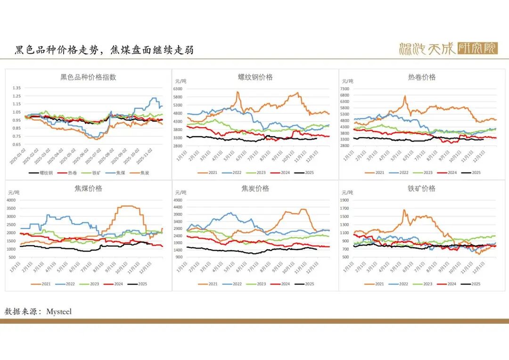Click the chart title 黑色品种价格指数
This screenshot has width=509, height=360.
pyautogui.click(x=88, y=77)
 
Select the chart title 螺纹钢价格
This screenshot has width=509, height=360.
pyautogui.click(x=255, y=77)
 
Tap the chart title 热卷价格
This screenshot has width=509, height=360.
pyautogui.click(x=422, y=77)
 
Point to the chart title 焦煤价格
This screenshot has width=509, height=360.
pyautogui.click(x=88, y=188)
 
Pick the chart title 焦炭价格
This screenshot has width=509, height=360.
pyautogui.click(x=255, y=188)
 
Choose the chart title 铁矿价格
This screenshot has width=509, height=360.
pyautogui.click(x=422, y=188)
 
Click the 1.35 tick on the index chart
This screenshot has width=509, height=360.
pyautogui.click(x=16, y=88)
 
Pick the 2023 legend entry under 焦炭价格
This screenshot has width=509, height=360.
pyautogui.click(x=261, y=284)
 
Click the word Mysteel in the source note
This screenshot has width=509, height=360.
pyautogui.click(x=59, y=311)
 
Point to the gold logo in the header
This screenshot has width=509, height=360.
pyautogui.click(x=448, y=49)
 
